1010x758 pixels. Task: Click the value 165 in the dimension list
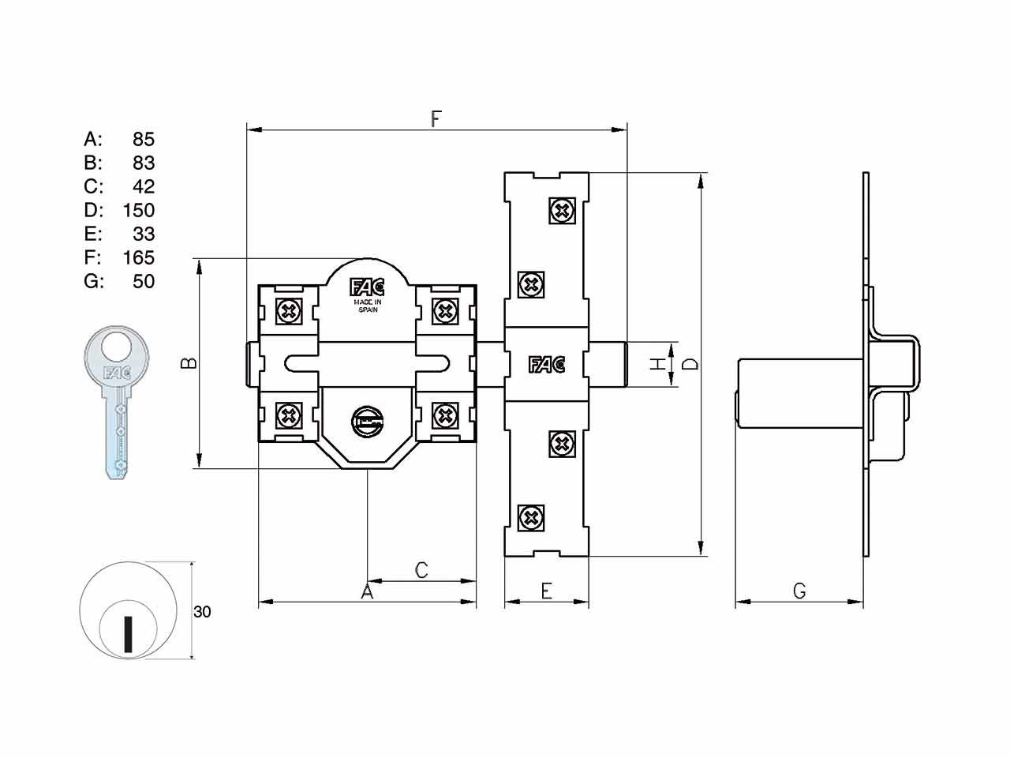click(x=139, y=257)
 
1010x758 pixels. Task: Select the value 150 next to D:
click(x=139, y=210)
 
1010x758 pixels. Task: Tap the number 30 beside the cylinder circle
click(x=202, y=612)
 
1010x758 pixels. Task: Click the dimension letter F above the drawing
click(x=436, y=118)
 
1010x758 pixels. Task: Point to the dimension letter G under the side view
click(x=800, y=591)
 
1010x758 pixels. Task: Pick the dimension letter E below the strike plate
click(x=546, y=591)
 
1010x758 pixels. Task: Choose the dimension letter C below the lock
click(x=421, y=570)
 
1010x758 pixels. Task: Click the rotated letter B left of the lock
click(x=189, y=363)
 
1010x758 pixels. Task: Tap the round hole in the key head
click(x=117, y=347)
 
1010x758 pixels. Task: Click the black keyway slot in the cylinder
click(x=129, y=634)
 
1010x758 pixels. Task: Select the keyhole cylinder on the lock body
click(x=367, y=422)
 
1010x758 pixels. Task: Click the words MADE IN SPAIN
click(x=368, y=306)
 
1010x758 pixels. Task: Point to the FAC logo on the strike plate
click(x=547, y=365)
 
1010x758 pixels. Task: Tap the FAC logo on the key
click(x=117, y=372)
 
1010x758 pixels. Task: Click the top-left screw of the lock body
click(x=289, y=312)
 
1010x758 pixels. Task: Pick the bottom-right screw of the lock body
click(x=445, y=416)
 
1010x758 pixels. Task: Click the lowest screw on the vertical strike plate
click(x=531, y=518)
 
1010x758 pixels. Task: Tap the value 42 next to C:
click(x=144, y=186)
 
